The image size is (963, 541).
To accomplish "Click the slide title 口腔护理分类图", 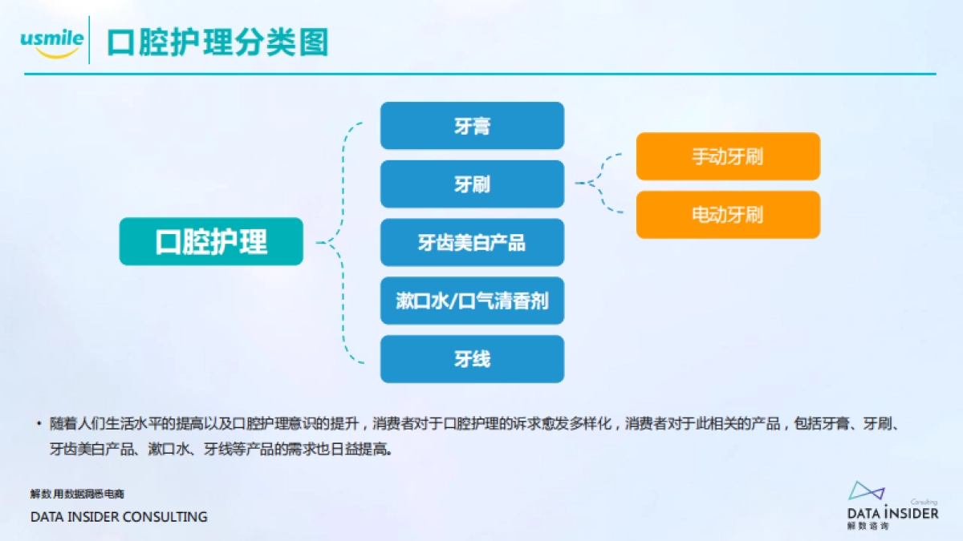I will point(217,42).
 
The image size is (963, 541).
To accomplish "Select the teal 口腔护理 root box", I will point(211,241).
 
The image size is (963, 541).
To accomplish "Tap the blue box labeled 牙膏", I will point(472,126).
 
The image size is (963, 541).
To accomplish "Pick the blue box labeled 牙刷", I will point(472,184).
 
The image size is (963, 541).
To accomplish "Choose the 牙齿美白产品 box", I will point(472,242).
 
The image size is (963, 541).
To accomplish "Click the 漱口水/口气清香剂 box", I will point(472,301).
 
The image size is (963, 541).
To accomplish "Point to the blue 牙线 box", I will point(472,359).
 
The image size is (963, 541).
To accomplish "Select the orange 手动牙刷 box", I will point(728,156).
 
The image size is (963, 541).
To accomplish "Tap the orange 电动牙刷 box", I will point(728,215).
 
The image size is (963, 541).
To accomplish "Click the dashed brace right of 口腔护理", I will point(342,241).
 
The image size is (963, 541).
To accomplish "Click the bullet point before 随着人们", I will point(38,423).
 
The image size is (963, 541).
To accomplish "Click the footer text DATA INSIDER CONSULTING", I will point(119,517).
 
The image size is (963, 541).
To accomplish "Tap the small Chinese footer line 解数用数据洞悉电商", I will point(77,494).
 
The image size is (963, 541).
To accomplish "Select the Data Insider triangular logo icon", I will point(866,492).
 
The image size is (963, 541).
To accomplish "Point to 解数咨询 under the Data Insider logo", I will point(868,527).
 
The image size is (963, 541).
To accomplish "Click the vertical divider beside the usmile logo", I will point(89,40).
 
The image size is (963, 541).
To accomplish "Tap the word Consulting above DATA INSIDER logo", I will point(924,503).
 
